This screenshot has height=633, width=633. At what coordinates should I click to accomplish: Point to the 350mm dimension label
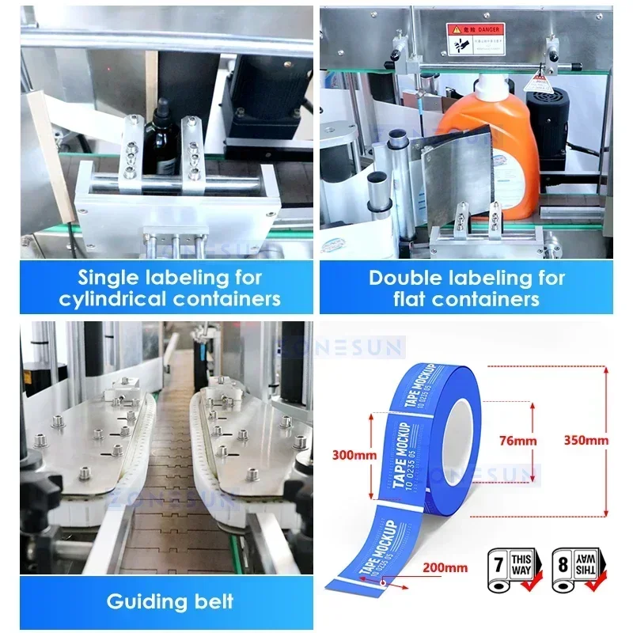[x=587, y=439]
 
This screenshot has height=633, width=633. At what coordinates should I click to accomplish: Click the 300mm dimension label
[x=344, y=454]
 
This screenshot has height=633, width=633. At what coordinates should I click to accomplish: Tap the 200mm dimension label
[x=444, y=567]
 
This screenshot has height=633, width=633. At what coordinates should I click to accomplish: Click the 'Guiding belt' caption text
[x=169, y=601]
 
